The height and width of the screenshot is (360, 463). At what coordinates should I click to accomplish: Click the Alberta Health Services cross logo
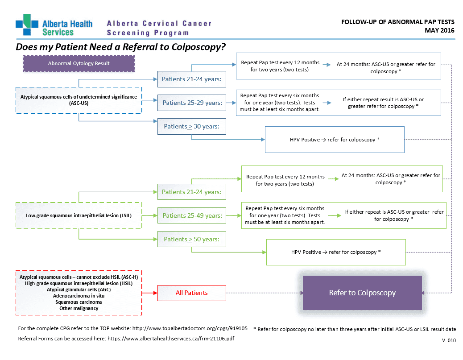coord(27,25)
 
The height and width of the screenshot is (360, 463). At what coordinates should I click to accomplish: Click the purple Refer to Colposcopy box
coord(362,293)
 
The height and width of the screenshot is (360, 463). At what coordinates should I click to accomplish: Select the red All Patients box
coord(192,293)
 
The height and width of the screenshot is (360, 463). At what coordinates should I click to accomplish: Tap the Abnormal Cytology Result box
coord(79,63)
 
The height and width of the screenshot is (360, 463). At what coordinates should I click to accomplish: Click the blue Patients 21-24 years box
coord(192,79)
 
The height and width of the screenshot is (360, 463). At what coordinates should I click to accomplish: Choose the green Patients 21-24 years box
coord(192,192)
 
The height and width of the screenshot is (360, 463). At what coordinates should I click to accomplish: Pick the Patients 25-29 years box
coord(192,103)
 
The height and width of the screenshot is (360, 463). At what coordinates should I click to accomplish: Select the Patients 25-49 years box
coord(192,215)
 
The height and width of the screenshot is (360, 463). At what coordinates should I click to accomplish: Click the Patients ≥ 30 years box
coord(192,126)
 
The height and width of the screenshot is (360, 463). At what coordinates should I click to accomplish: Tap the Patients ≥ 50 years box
coord(192,239)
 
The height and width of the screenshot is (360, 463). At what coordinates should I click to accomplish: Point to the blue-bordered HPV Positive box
coord(335,140)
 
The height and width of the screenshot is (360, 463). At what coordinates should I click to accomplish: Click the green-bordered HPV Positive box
coord(336,252)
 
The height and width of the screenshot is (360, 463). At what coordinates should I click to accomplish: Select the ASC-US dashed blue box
coord(79,100)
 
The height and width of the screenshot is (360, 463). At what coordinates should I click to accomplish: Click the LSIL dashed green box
coord(79,215)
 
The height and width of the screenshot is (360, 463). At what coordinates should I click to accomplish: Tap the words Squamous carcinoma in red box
coord(79,302)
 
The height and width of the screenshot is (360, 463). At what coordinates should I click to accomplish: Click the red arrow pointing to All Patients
coord(150,293)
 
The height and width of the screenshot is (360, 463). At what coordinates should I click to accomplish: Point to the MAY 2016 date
coord(439,30)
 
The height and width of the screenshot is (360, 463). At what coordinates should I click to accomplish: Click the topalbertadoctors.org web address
coord(190,328)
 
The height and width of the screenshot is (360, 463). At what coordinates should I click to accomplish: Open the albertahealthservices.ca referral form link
coord(171,339)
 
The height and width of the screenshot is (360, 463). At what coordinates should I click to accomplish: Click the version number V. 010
coord(449,340)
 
